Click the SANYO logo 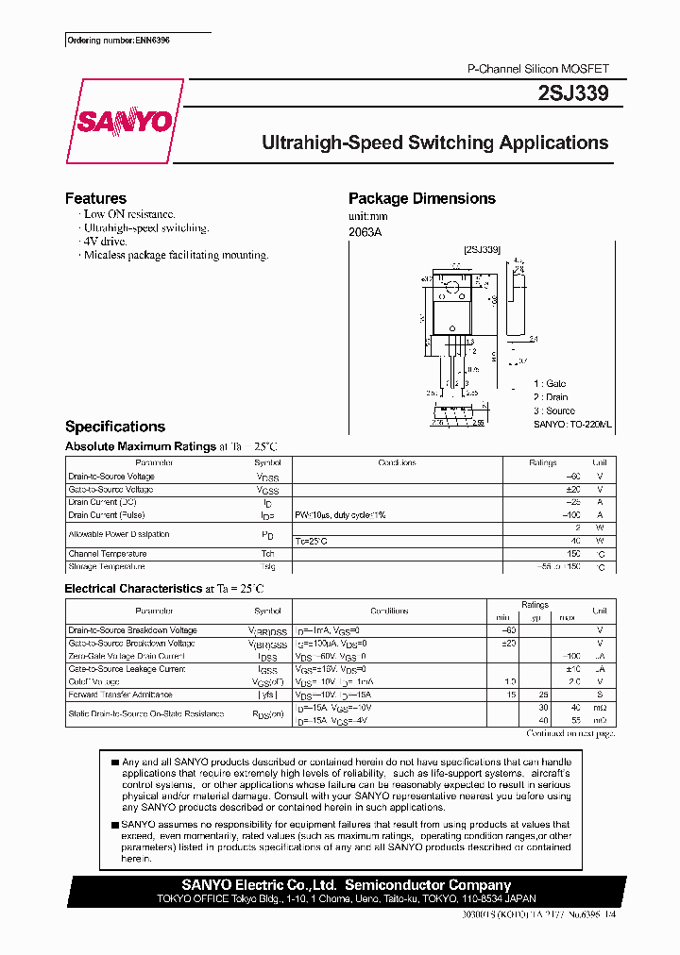(124, 122)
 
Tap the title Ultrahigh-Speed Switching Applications (434, 143)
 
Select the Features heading (95, 198)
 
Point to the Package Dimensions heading (421, 198)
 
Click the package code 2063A (365, 232)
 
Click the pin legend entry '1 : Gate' (551, 384)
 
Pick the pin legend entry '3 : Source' (553, 410)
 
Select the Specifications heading (115, 427)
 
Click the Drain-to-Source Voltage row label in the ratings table (111, 477)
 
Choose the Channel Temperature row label (108, 554)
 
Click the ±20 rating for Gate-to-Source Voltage (571, 490)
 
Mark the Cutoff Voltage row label (94, 681)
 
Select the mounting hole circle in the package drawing (452, 286)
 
